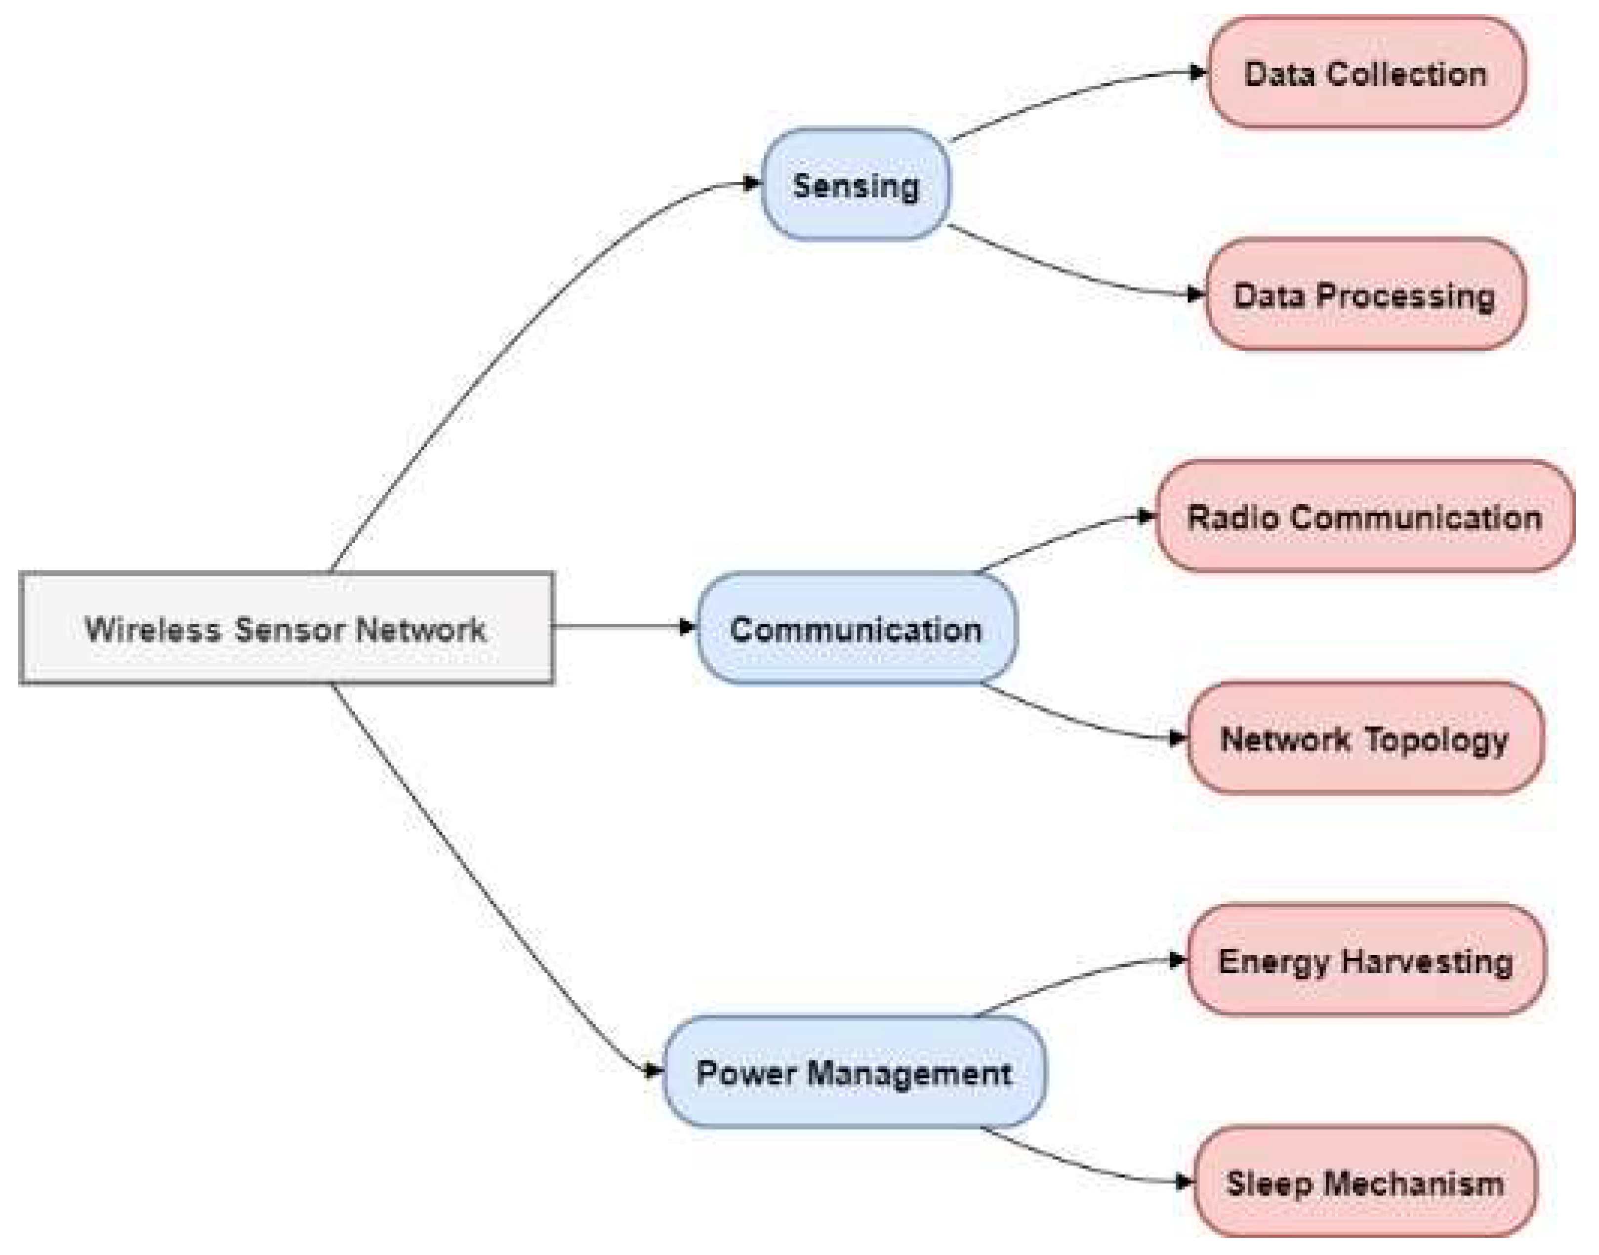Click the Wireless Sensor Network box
287,629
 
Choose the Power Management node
854,1073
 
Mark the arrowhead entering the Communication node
687,627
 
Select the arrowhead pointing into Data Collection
1198,72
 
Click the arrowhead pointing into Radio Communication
1147,517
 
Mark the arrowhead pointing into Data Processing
1195,295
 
